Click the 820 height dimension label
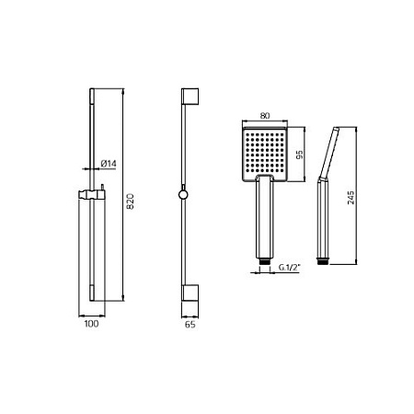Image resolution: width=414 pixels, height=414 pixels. tap(131, 201)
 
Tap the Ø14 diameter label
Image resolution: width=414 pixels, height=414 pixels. tap(109, 164)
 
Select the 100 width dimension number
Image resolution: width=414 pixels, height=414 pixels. tap(91, 324)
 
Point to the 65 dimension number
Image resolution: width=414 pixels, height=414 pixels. tap(190, 324)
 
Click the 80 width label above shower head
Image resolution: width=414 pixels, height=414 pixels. tap(265, 116)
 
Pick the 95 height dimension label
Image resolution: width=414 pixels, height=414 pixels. tap(300, 155)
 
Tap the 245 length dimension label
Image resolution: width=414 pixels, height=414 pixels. tap(351, 198)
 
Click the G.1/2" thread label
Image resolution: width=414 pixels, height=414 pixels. tap(289, 268)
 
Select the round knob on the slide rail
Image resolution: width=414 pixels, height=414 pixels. tap(183, 194)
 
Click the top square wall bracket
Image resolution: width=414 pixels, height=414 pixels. tap(190, 97)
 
